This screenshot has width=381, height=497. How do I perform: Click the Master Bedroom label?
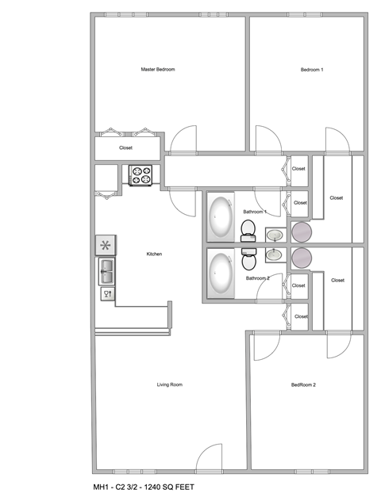[157, 70]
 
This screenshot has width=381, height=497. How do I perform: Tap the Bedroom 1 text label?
[311, 70]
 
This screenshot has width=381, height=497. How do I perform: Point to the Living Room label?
[170, 384]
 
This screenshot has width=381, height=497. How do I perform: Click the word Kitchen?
[154, 254]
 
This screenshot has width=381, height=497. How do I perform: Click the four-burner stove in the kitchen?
[141, 174]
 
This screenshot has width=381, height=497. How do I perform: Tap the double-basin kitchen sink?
[106, 271]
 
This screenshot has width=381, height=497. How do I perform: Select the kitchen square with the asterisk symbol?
[106, 245]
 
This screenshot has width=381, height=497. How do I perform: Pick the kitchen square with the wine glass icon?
[106, 293]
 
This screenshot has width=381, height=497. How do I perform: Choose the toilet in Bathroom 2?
[248, 257]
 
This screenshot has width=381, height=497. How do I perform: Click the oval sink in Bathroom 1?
[274, 235]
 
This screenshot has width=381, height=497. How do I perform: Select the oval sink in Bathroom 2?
[274, 254]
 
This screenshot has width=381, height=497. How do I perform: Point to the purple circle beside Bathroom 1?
[302, 231]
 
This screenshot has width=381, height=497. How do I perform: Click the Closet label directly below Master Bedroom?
[125, 147]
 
